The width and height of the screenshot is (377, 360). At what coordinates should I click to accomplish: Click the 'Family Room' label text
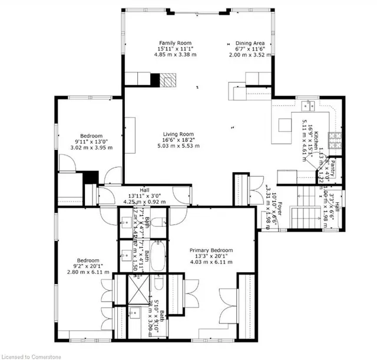tap(176, 42)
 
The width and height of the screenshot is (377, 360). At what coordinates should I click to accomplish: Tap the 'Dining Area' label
tap(250, 42)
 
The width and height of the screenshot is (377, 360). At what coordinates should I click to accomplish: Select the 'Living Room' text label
tap(178, 134)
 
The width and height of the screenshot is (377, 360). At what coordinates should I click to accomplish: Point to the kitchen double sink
tap(309, 107)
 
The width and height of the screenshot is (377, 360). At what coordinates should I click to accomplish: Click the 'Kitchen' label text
tap(316, 141)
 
